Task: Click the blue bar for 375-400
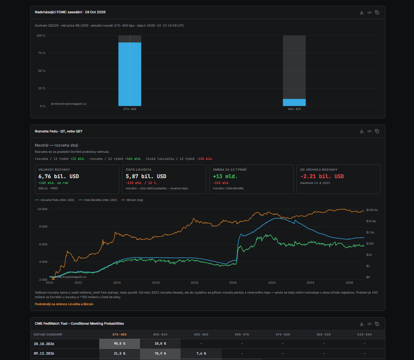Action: click(130, 74)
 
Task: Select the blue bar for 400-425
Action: click(294, 103)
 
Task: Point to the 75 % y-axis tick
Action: click(42, 53)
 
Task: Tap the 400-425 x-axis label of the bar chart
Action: click(294, 109)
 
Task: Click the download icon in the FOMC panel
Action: click(362, 12)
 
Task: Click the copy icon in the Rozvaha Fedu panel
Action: click(377, 131)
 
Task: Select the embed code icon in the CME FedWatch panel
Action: click(370, 324)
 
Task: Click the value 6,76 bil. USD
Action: click(59, 176)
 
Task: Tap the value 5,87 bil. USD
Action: click(146, 176)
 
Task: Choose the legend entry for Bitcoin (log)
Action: click(132, 200)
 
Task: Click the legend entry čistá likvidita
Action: click(98, 200)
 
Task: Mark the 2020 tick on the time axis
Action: click(233, 283)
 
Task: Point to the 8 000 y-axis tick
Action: click(42, 227)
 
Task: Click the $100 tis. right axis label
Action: click(372, 210)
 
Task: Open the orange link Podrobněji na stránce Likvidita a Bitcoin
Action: click(64, 304)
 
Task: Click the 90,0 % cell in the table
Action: click(120, 344)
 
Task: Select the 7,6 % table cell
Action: click(201, 353)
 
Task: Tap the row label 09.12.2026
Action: click(44, 353)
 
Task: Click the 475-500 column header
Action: click(283, 335)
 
